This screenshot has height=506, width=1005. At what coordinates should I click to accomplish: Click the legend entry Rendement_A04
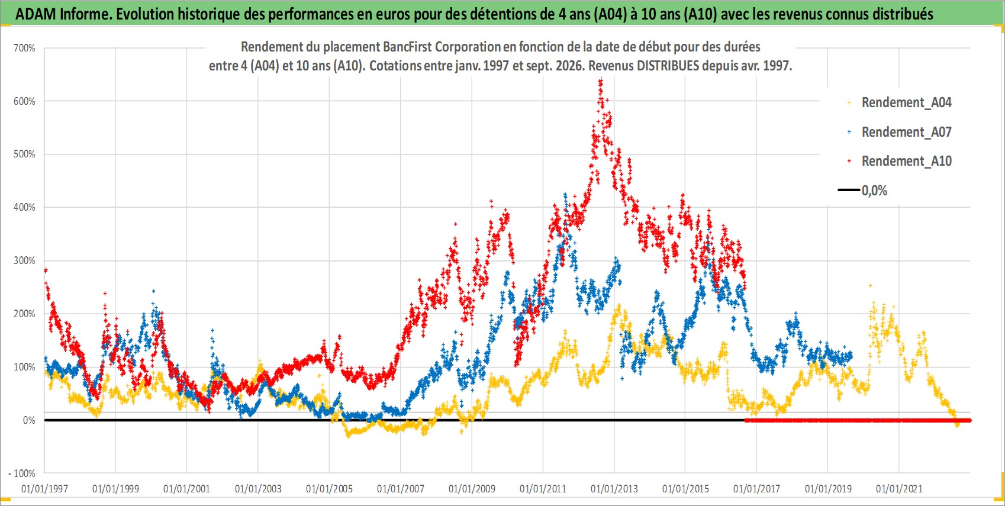click(x=906, y=103)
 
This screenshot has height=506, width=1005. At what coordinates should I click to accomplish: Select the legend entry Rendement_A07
click(x=906, y=132)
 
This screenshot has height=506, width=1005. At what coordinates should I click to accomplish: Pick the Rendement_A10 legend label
click(x=906, y=161)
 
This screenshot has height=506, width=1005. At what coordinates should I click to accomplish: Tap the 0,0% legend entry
click(x=874, y=191)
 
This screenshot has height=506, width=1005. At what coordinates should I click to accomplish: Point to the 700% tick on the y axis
click(x=24, y=48)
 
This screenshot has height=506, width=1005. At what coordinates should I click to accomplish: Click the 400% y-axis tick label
click(x=24, y=207)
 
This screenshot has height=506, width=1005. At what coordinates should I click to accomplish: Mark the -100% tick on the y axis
click(x=21, y=473)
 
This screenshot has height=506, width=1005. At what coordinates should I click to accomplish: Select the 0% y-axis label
click(x=29, y=420)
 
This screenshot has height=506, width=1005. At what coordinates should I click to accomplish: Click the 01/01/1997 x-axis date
click(x=44, y=488)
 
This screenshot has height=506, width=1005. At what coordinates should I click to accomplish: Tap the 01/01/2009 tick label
click(x=472, y=488)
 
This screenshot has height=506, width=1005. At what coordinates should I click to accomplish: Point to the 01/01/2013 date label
click(x=614, y=488)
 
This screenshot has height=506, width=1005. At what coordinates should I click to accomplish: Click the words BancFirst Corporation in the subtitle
click(x=442, y=47)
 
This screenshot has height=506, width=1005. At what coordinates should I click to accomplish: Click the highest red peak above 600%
click(x=601, y=81)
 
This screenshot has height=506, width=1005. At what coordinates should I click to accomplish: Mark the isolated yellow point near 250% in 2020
click(x=871, y=285)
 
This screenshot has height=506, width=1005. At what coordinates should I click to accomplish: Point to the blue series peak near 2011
click(x=565, y=195)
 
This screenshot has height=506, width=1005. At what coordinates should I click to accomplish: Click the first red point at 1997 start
click(x=46, y=270)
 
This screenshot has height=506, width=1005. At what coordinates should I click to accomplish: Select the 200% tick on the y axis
click(x=24, y=314)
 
